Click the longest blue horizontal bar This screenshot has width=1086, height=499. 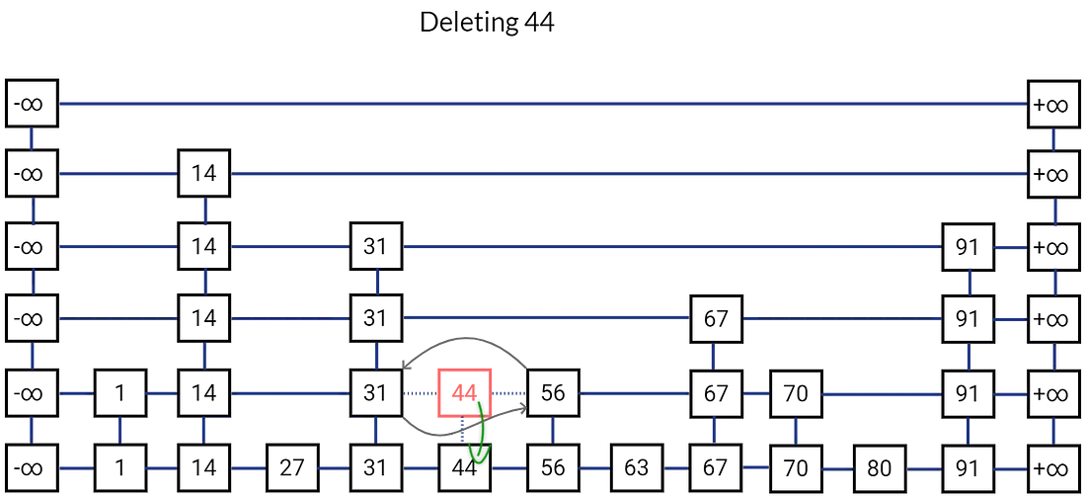(x=543, y=104)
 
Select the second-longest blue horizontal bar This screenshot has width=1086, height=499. (x=629, y=174)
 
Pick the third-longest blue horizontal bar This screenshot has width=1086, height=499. (x=671, y=246)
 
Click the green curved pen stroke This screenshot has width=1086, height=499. (x=480, y=432)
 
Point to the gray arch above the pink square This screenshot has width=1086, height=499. (x=462, y=344)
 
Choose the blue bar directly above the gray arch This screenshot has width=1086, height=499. (x=545, y=317)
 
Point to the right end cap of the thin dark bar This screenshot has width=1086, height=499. (x=1053, y=431)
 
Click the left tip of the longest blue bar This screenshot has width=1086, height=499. (x=63, y=104)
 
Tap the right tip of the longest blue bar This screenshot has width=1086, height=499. (x=1024, y=104)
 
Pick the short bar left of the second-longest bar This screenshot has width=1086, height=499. (x=117, y=174)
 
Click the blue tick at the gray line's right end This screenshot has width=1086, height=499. (x=552, y=428)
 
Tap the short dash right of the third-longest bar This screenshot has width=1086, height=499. (x=1010, y=246)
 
